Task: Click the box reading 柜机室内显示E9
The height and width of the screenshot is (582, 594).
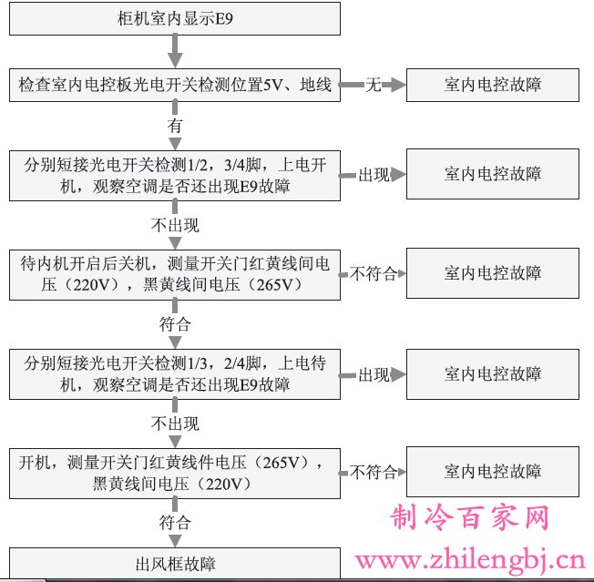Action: tap(175, 18)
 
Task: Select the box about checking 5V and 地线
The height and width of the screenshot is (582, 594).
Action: tap(175, 85)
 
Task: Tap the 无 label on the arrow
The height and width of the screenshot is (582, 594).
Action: tap(374, 85)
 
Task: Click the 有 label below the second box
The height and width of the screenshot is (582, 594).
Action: tap(175, 126)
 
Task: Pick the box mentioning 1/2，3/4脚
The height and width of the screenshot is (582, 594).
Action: tap(175, 175)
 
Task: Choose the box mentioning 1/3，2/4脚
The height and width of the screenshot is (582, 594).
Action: tap(175, 374)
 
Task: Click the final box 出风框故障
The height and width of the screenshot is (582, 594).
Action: tap(175, 563)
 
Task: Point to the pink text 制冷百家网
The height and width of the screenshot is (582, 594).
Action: tap(470, 517)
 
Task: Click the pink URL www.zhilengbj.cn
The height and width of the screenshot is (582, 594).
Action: tap(470, 560)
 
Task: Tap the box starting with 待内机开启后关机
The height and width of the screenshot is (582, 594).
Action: tap(175, 275)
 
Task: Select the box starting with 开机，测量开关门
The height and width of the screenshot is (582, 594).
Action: tap(175, 474)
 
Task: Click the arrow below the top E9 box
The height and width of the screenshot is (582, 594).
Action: tap(175, 51)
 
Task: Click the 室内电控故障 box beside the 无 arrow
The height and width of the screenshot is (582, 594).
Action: tap(493, 85)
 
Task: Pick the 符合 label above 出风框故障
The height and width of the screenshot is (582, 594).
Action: tap(175, 523)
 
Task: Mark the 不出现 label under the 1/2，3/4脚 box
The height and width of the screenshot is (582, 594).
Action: tap(175, 225)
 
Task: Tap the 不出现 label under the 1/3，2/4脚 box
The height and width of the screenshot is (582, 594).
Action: tap(175, 424)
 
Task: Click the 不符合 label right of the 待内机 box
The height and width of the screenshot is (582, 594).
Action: tap(374, 273)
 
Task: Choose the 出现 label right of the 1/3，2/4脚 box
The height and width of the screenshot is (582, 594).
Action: tap(374, 375)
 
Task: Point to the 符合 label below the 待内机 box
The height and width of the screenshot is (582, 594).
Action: tap(175, 324)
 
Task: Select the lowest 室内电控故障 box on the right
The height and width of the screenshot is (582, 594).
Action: tap(493, 472)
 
